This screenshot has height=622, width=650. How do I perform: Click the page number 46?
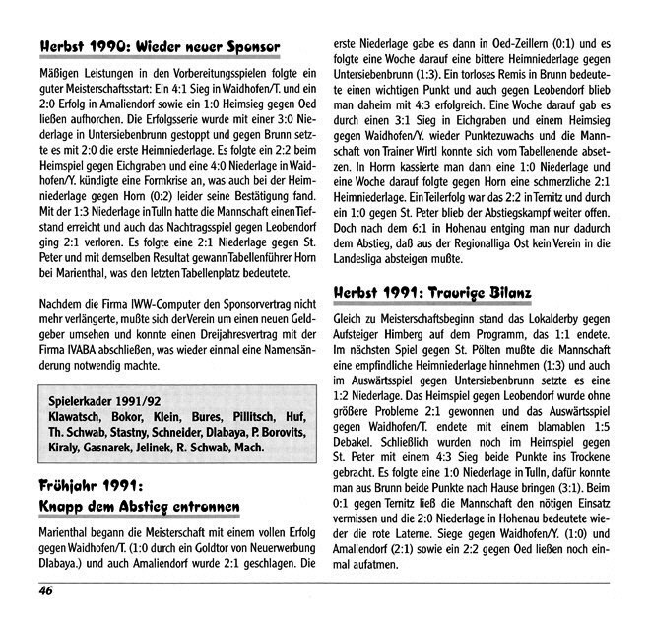[46, 592]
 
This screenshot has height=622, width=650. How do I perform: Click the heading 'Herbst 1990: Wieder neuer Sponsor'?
[161, 46]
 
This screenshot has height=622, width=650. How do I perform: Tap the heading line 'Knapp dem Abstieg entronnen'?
[139, 508]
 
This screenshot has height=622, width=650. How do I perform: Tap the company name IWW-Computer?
[152, 302]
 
